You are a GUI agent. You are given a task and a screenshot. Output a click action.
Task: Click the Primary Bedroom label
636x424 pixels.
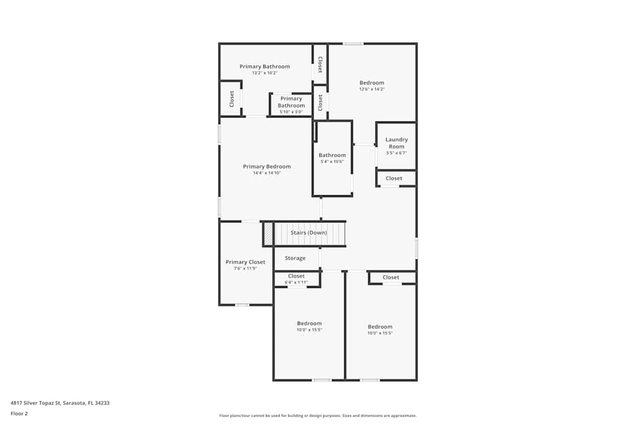pyautogui.click(x=266, y=167)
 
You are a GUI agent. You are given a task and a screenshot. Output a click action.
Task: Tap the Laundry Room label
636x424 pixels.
pyautogui.click(x=396, y=143)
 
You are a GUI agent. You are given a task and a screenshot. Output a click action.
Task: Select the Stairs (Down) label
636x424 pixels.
pyautogui.click(x=308, y=233)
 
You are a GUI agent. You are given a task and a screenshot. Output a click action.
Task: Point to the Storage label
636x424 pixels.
pyautogui.click(x=295, y=258)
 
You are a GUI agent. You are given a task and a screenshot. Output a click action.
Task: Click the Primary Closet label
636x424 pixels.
pyautogui.click(x=245, y=262)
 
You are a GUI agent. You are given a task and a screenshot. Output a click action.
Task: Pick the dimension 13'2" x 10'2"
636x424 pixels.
pyautogui.click(x=265, y=73)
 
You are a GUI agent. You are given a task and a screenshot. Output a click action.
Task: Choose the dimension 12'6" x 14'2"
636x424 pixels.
pyautogui.click(x=371, y=89)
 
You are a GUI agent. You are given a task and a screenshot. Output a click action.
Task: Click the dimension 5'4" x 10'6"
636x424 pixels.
pyautogui.click(x=332, y=161)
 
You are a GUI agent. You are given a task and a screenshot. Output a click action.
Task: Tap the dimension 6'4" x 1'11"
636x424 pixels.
pyautogui.click(x=296, y=282)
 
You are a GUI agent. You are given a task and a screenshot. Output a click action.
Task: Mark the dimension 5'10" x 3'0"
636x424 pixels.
pyautogui.click(x=291, y=112)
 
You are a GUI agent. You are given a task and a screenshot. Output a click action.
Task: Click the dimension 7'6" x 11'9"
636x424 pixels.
pyautogui.click(x=245, y=268)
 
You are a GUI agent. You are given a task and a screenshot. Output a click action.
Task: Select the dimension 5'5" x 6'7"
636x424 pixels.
pyautogui.click(x=396, y=153)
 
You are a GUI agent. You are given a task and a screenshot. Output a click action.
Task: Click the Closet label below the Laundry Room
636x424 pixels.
pyautogui.click(x=394, y=179)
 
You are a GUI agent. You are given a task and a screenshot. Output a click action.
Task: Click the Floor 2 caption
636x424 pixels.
pyautogui.click(x=19, y=413)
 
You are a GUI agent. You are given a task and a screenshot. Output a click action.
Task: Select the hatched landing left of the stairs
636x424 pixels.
pyautogui.click(x=268, y=233)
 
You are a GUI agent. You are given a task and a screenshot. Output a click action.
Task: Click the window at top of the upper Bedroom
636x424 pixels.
pyautogui.click(x=353, y=43)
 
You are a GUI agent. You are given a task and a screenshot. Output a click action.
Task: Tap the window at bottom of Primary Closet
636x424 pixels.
pyautogui.click(x=242, y=305)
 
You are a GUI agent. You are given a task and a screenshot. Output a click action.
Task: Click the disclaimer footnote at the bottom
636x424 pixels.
pyautogui.click(x=317, y=415)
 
